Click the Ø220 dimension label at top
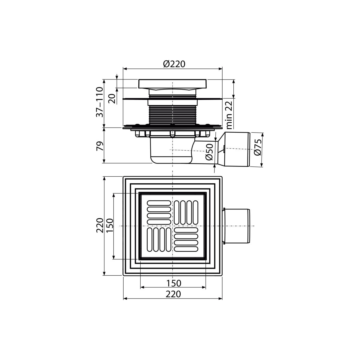click(174, 64)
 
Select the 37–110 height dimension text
click(99, 102)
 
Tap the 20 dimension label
click(112, 99)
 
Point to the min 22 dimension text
click(229, 115)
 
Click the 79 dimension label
click(100, 146)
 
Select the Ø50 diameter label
click(209, 152)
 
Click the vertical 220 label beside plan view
click(100, 225)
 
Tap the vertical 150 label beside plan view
click(110, 226)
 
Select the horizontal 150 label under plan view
click(174, 283)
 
